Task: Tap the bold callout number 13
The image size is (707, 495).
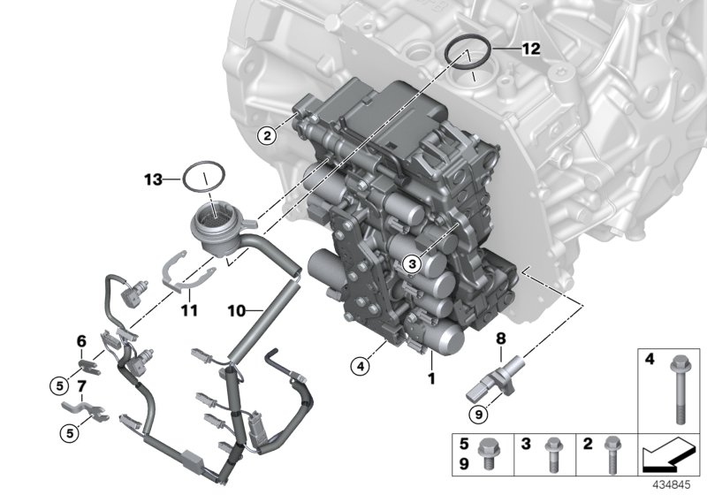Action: click(154, 179)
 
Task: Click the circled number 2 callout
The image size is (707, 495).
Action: click(263, 135)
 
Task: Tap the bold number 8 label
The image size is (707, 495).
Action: click(500, 338)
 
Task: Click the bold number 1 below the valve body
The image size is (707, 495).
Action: click(432, 377)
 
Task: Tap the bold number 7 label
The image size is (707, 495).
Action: click(80, 386)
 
